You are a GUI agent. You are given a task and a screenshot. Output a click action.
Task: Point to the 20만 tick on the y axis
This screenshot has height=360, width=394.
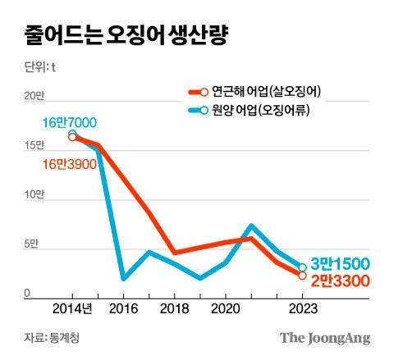point(31,96)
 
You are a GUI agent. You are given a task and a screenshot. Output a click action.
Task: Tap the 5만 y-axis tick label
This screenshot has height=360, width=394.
point(30,244)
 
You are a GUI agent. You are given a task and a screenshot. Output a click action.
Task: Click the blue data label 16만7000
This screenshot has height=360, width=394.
point(70,123)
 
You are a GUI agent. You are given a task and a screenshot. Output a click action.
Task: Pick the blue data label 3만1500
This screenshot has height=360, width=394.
point(340,264)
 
